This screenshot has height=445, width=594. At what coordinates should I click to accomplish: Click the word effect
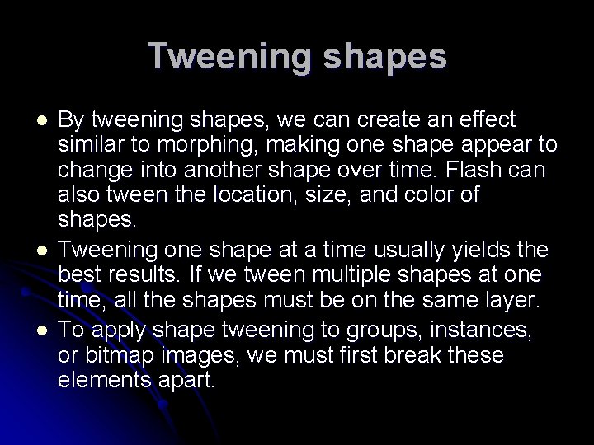click(488, 120)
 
